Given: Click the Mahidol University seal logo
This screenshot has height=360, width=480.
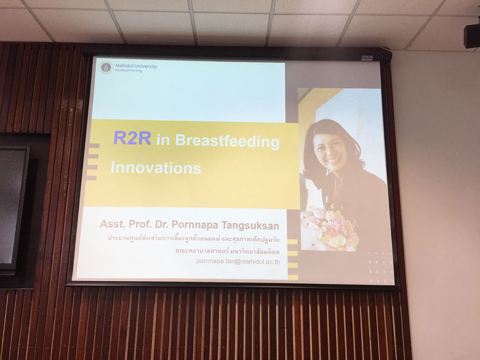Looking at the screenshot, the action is tap(106, 67).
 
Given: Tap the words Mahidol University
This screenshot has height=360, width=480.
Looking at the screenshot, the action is tap(136, 66).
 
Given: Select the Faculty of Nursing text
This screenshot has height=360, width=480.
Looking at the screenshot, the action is tap(129, 70).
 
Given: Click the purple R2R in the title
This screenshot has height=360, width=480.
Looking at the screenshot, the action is tap(132, 138).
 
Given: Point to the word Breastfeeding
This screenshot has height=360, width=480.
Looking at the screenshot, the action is tap(227, 141).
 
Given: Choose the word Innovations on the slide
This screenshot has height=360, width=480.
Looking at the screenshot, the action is tap(156, 168).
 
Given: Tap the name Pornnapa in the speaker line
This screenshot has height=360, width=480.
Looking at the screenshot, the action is tap(195, 225).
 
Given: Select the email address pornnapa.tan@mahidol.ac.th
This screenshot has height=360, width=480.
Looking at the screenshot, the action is tap(238, 262).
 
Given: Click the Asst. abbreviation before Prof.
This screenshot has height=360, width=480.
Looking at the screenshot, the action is tap(112, 224).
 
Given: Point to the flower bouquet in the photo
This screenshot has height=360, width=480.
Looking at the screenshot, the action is tap(329, 229).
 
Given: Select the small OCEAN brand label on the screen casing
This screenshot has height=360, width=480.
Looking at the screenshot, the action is tap(367, 58).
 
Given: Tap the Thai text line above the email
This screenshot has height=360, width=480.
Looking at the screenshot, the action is tap(227, 252).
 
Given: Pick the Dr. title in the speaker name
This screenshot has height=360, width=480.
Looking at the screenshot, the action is tap(162, 224).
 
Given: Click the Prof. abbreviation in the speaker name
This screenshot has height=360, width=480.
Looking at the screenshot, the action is tap(140, 224).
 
